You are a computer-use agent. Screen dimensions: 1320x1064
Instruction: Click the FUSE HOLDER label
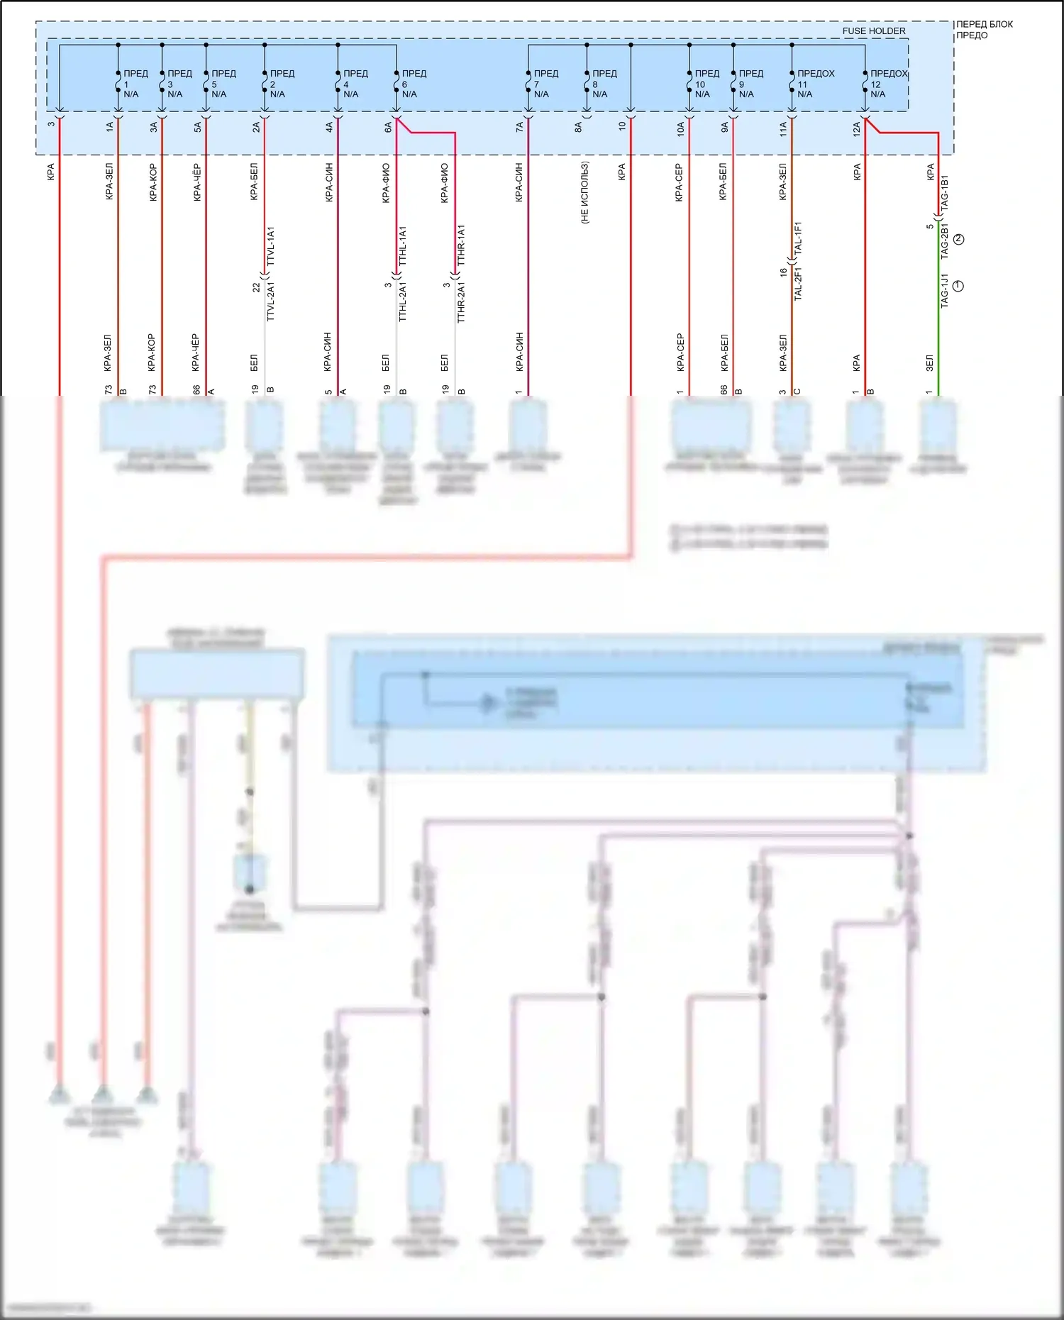pyautogui.click(x=873, y=31)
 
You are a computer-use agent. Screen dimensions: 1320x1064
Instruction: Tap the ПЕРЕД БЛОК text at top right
pyautogui.click(x=985, y=24)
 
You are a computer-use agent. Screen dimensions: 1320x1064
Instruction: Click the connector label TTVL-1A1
pyautogui.click(x=270, y=246)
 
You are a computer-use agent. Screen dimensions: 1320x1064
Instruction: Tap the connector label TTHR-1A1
pyautogui.click(x=461, y=245)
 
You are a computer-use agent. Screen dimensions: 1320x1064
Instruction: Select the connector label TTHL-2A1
pyautogui.click(x=402, y=301)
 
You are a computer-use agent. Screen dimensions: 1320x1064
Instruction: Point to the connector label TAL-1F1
pyautogui.click(x=798, y=239)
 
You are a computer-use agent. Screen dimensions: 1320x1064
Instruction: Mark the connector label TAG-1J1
pyautogui.click(x=944, y=290)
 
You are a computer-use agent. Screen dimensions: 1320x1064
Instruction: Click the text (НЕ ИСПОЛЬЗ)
pyautogui.click(x=585, y=193)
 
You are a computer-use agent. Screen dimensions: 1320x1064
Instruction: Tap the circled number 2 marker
pyautogui.click(x=959, y=240)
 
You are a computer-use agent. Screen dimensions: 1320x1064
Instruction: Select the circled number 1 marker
pyautogui.click(x=958, y=286)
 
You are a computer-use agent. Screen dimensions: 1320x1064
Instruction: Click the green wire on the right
pyautogui.click(x=938, y=333)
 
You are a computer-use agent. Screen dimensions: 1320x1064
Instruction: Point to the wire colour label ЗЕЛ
pyautogui.click(x=929, y=363)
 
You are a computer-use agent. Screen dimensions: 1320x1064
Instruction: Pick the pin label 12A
pyautogui.click(x=856, y=128)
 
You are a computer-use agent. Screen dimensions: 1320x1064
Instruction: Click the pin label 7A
pyautogui.click(x=520, y=127)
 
